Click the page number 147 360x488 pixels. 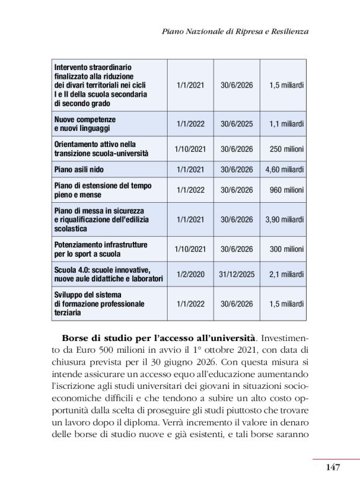(x=332, y=467)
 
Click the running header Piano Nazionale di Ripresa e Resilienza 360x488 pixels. (x=235, y=30)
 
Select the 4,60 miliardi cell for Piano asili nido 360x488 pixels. (x=284, y=169)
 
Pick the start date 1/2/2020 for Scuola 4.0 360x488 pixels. (x=190, y=274)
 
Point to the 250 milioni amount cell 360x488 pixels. (x=287, y=149)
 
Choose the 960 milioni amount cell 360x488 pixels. (x=287, y=190)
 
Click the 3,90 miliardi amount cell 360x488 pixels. (x=284, y=220)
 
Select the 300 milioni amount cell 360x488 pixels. (x=287, y=249)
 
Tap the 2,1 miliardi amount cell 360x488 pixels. (x=286, y=274)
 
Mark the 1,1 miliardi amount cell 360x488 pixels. (x=286, y=123)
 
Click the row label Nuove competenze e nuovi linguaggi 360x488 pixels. (x=85, y=123)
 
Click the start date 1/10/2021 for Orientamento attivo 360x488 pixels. (x=190, y=149)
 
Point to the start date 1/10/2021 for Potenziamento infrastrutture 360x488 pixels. (x=190, y=249)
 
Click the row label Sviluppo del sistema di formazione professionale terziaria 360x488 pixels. (x=99, y=304)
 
